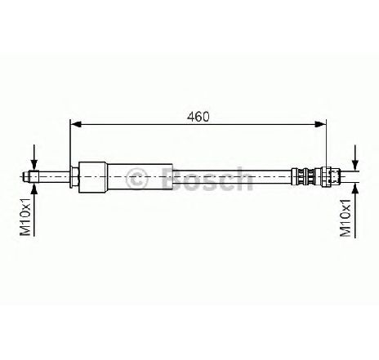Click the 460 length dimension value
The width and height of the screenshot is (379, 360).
[x=198, y=117]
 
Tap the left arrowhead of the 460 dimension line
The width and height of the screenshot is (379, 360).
[x=76, y=124]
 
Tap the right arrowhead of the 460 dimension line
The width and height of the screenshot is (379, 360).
[x=320, y=124]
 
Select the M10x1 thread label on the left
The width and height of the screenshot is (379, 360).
[x=26, y=217]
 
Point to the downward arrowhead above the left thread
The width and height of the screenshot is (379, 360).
[x=34, y=164]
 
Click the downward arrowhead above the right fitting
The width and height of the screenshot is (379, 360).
[x=355, y=166]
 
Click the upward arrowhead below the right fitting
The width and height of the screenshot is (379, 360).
[x=355, y=189]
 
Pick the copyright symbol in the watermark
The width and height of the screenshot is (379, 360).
[x=137, y=178]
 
